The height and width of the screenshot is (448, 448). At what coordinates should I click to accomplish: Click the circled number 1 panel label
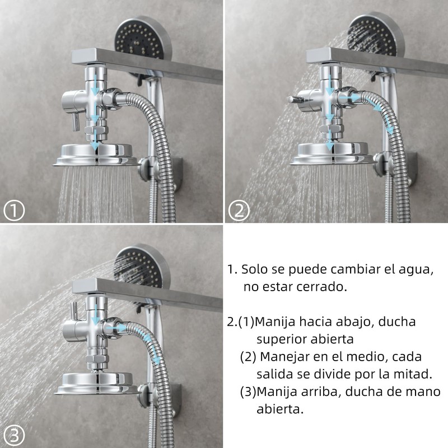pyautogui.click(x=15, y=211)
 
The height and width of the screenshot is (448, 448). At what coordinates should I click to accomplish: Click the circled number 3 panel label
pyautogui.click(x=15, y=435)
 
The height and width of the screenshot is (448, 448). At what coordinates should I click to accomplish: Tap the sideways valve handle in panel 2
pyautogui.click(x=292, y=99)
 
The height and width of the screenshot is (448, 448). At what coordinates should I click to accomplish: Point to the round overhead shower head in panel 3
pyautogui.click(x=96, y=381)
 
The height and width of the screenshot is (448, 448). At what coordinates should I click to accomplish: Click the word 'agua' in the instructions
pyautogui.click(x=415, y=269)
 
